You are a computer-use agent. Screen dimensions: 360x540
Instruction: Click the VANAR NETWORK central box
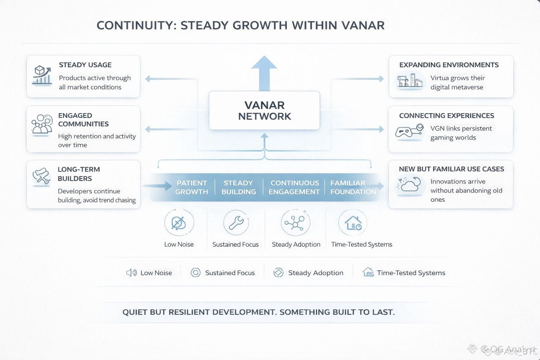click(x=264, y=110)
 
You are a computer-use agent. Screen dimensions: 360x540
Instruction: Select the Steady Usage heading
click(x=85, y=65)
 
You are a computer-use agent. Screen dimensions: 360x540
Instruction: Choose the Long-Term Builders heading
click(x=79, y=174)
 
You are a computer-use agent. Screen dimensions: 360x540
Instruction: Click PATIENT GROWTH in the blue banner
click(x=192, y=187)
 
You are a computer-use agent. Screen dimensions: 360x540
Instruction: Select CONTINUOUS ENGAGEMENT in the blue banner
click(x=294, y=187)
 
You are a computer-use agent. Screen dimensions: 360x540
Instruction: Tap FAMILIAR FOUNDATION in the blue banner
click(x=353, y=187)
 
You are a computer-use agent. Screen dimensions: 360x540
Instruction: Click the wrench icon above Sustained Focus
click(x=236, y=223)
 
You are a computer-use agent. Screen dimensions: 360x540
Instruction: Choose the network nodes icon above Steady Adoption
click(x=295, y=223)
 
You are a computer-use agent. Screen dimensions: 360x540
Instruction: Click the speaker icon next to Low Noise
click(x=131, y=273)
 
